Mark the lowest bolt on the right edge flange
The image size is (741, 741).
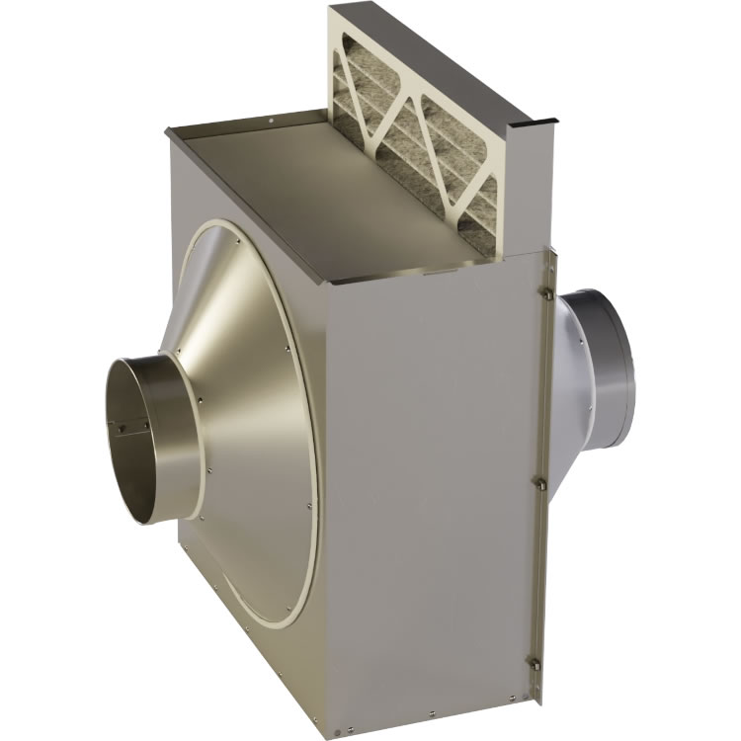535,663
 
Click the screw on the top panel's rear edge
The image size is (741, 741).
271,123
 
